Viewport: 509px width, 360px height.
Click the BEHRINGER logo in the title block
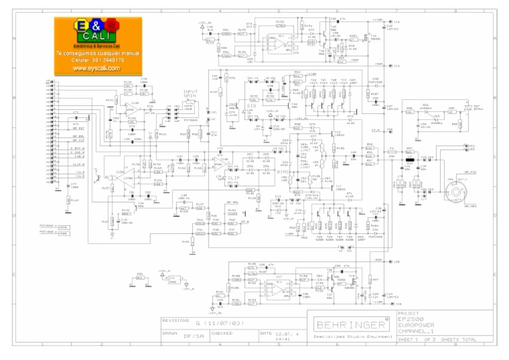pyautogui.click(x=351, y=325)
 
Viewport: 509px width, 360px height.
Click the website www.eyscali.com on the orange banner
pyautogui.click(x=96, y=68)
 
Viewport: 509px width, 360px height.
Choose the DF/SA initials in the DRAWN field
pyautogui.click(x=192, y=336)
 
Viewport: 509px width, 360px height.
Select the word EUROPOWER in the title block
pyautogui.click(x=416, y=326)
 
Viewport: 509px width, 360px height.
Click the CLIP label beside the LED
pyautogui.click(x=233, y=178)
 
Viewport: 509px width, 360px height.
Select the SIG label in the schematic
pyautogui.click(x=251, y=105)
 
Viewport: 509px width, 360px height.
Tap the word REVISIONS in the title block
pyautogui.click(x=176, y=321)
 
